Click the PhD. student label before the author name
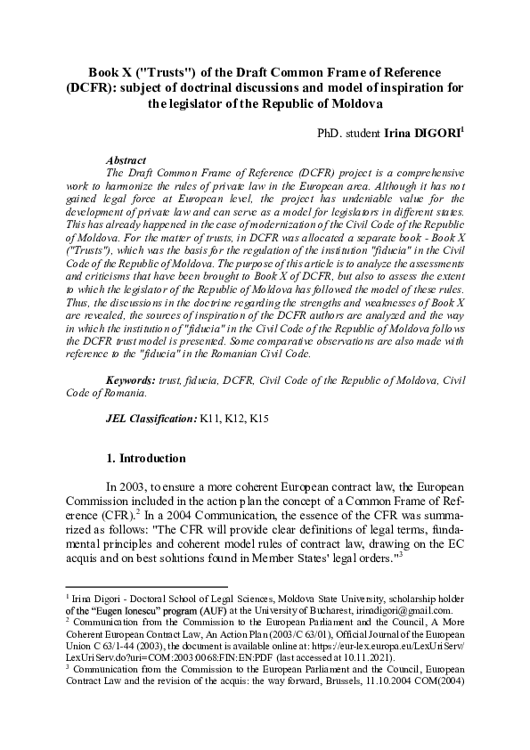(x=350, y=133)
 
